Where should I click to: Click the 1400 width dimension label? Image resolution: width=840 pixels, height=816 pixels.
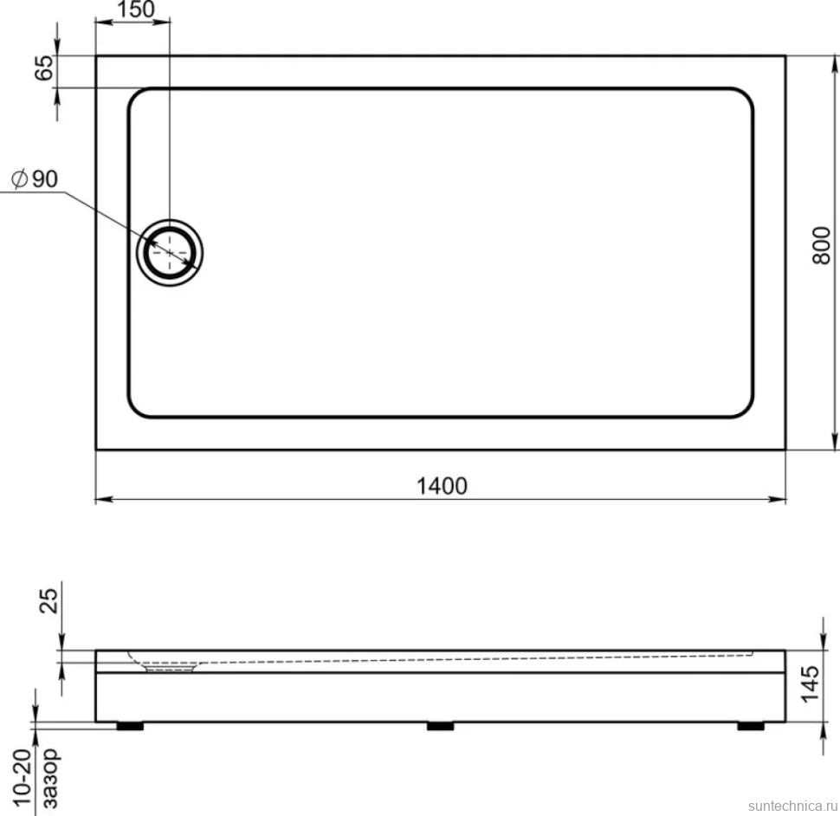(x=442, y=486)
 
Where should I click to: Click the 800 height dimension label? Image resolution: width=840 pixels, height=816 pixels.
(x=821, y=245)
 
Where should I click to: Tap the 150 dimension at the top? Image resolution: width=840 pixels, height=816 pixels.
(x=135, y=10)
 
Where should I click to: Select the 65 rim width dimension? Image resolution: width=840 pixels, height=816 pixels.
(x=44, y=68)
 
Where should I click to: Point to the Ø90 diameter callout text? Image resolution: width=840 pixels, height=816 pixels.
(x=35, y=179)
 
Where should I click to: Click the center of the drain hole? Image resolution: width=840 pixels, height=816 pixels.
(x=170, y=252)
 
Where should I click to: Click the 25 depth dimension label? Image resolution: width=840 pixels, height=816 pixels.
(x=48, y=601)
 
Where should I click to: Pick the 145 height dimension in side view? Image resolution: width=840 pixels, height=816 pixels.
(x=810, y=683)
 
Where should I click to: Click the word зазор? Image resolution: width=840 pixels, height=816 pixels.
(x=51, y=779)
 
